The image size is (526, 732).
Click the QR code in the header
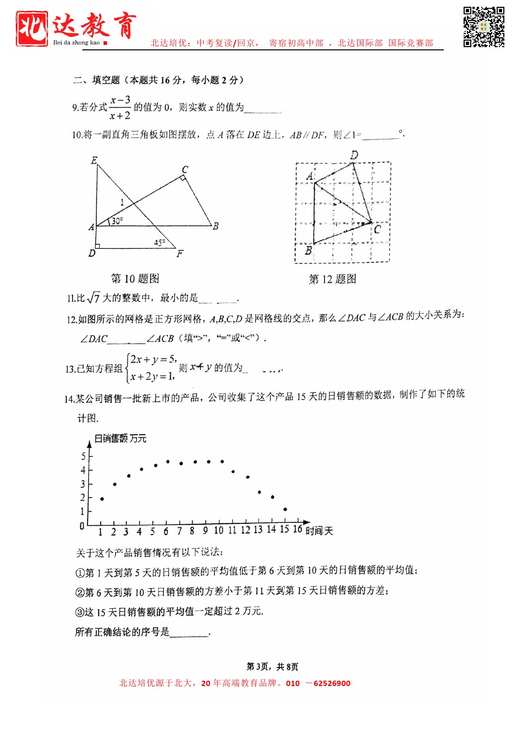[483, 27]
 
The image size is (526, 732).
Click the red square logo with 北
[32, 29]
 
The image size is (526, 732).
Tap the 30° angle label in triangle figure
[117, 221]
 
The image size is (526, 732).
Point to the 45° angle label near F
[159, 242]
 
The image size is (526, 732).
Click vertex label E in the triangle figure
[94, 160]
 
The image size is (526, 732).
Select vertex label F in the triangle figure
[180, 254]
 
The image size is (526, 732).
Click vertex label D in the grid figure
[354, 155]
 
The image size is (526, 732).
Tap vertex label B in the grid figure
[308, 251]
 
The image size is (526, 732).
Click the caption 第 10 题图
[135, 278]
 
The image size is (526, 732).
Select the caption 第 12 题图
[332, 279]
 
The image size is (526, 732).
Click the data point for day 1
[102, 499]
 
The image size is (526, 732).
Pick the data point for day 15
[285, 509]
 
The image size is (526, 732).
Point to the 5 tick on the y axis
[83, 456]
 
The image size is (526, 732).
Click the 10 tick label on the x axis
[219, 531]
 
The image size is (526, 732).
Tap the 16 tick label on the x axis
[298, 529]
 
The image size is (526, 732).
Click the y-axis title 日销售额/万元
[120, 438]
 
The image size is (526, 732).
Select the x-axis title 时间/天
[319, 531]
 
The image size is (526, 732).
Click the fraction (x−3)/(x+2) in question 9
[120, 107]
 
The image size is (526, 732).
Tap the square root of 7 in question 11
[93, 298]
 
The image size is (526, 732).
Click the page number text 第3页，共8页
[272, 667]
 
